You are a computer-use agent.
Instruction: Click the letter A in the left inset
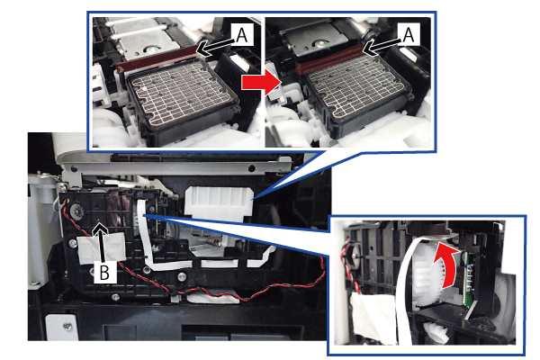point(242,35)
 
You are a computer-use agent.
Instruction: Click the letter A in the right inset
point(408,35)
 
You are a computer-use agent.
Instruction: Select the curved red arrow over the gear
point(446,265)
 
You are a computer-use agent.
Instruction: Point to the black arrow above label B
point(103,242)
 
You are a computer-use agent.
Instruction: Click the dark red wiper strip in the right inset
point(329,58)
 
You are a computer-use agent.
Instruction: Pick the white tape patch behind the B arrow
point(103,247)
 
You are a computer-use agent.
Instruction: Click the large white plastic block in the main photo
point(219,203)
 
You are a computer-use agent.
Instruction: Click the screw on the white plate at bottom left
point(68,326)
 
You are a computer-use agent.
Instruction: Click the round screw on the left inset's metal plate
point(148,49)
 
